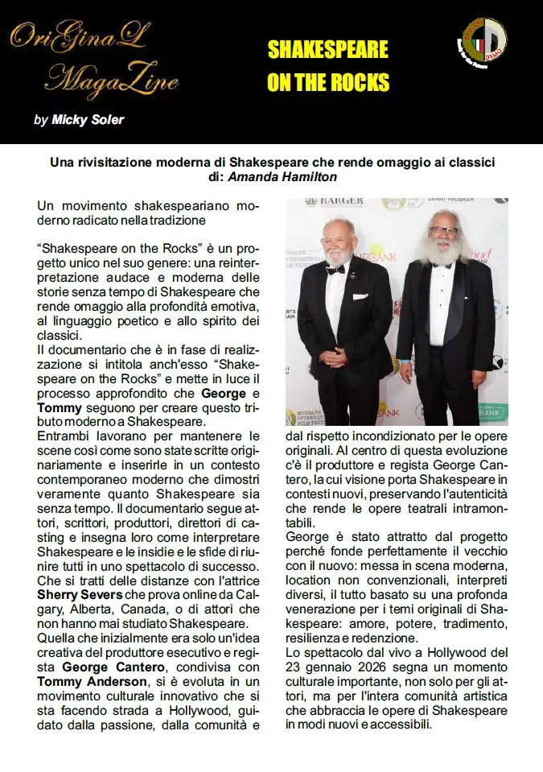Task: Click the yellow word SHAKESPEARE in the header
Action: click(327, 51)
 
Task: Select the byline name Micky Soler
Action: click(88, 121)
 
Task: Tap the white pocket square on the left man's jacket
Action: click(359, 297)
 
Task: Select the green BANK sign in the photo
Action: click(492, 413)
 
